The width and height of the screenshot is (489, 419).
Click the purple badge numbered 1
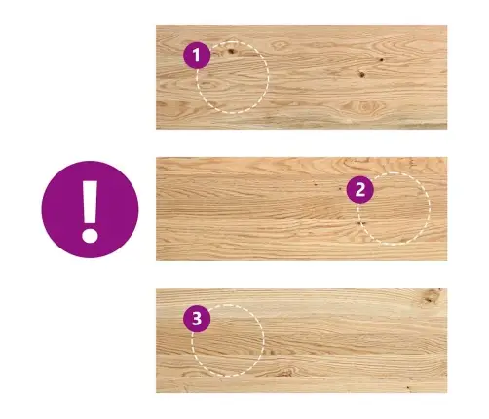coord(197,56)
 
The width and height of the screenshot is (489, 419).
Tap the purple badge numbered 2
coord(359,190)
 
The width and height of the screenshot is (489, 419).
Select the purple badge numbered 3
coord(197,319)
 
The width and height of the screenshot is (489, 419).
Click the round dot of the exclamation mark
coord(90,235)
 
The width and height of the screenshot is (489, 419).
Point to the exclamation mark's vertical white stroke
coord(90,202)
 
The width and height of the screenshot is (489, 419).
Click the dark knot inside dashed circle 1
coord(231,51)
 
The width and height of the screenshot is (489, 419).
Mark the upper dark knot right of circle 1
coord(381,60)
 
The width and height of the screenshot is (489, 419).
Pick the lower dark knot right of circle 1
coord(361,74)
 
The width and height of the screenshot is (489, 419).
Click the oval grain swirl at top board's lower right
coord(365,106)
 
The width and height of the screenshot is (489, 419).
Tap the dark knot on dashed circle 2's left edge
coord(359,223)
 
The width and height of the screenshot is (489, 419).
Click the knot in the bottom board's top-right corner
coord(433,296)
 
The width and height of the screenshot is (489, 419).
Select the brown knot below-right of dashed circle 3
coord(284,372)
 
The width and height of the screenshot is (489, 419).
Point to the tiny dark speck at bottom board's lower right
coord(408,387)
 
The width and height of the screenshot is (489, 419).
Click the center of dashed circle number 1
coord(233,77)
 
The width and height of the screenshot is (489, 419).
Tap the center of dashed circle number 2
coord(394,209)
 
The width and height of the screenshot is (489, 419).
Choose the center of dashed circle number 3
coord(227,341)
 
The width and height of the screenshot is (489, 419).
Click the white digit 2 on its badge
coord(360,190)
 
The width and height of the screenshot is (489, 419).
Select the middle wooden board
coord(301,209)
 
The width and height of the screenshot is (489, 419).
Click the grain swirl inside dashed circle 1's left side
coord(210,85)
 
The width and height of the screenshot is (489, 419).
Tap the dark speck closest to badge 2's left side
coord(339,188)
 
